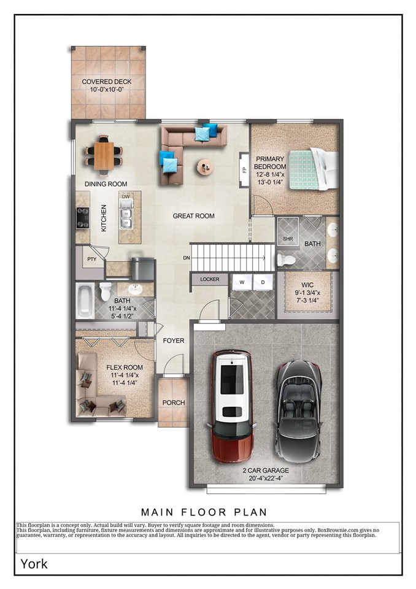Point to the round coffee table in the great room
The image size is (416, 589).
pyautogui.click(x=204, y=166)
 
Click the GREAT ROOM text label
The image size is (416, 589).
pyautogui.click(x=193, y=216)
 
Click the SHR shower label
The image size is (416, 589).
pyautogui.click(x=287, y=239)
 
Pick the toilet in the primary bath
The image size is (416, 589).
pyautogui.click(x=286, y=260)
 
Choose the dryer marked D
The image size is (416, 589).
pyautogui.click(x=263, y=282)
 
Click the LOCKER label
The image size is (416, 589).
pyautogui.click(x=209, y=279)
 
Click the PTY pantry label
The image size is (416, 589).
pyautogui.click(x=91, y=260)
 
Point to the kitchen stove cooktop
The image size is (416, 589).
pyautogui.click(x=82, y=218)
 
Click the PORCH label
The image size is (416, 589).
pyautogui.click(x=173, y=402)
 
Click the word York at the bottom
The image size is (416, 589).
pyautogui.click(x=34, y=563)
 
